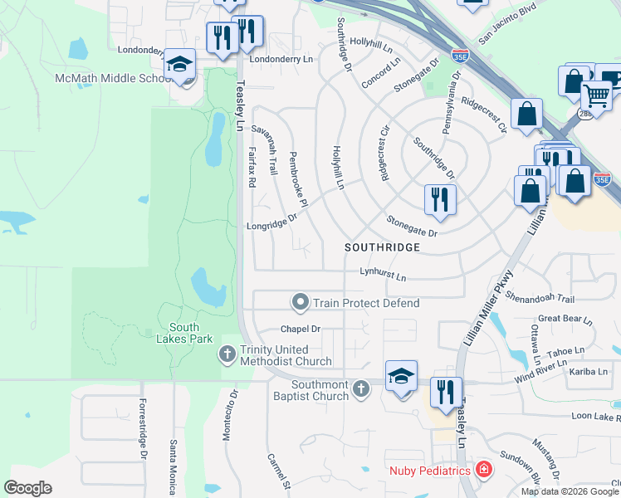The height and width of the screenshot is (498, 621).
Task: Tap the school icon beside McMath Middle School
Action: [179, 65]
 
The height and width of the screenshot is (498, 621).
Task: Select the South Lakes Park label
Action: [184, 333]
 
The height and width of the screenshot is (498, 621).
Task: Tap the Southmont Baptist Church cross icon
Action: [360, 388]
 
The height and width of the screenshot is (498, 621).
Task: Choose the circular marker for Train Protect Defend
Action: [300, 302]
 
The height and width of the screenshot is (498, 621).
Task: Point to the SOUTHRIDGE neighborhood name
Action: [383, 247]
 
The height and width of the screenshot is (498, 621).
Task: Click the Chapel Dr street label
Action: [300, 330]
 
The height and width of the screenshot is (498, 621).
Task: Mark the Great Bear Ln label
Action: [565, 319]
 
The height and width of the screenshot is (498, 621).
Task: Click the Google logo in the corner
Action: [27, 488]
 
